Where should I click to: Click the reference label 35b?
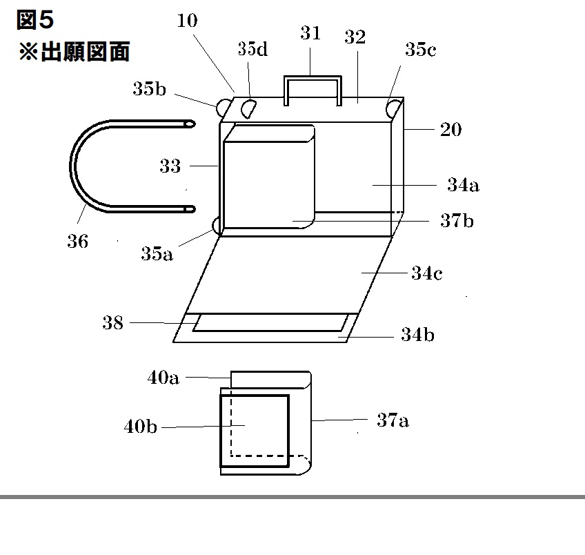pyautogui.click(x=150, y=89)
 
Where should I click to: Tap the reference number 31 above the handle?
pyautogui.click(x=310, y=32)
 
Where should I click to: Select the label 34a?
pyautogui.click(x=463, y=185)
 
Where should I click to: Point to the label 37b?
pyautogui.click(x=457, y=222)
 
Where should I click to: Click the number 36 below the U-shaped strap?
pyautogui.click(x=78, y=242)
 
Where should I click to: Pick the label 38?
pyautogui.click(x=112, y=322)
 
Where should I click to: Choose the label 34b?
pyautogui.click(x=417, y=335)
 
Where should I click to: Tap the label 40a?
pyautogui.click(x=163, y=378)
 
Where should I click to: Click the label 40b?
pyautogui.click(x=140, y=427)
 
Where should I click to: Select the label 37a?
pyautogui.click(x=393, y=420)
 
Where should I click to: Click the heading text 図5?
pyautogui.click(x=34, y=21)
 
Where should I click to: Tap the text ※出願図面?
pyautogui.click(x=74, y=52)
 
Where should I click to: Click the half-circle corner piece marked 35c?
pyautogui.click(x=394, y=108)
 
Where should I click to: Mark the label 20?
pyautogui.click(x=450, y=130)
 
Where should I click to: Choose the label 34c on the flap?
pyautogui.click(x=427, y=273)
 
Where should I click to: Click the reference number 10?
pyautogui.click(x=186, y=21)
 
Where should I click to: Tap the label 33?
pyautogui.click(x=170, y=166)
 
